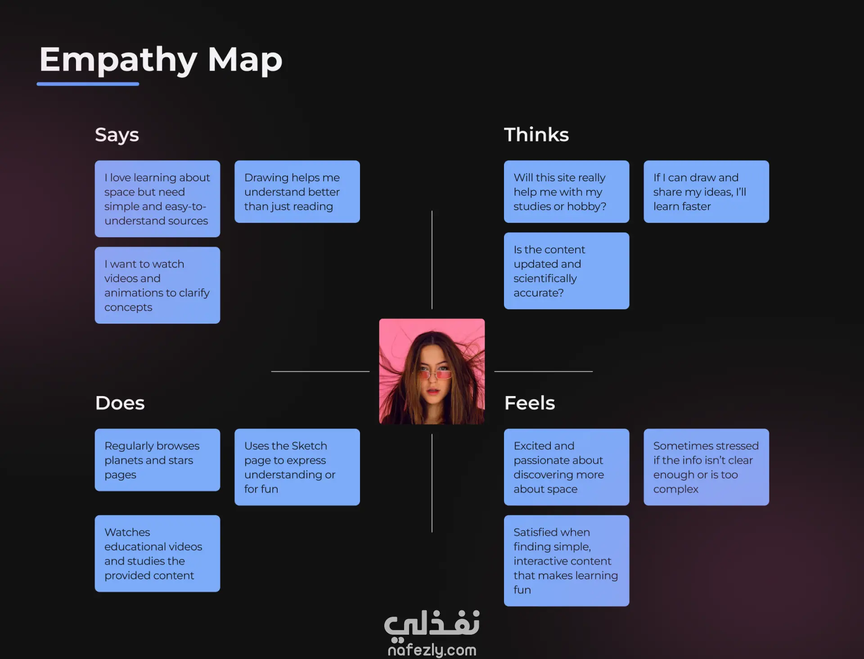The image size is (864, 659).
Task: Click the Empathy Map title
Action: click(161, 60)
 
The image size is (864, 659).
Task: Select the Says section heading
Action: click(117, 135)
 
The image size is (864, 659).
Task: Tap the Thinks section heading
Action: click(536, 135)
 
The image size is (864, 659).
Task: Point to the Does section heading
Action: click(120, 403)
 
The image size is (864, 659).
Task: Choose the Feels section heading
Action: click(529, 403)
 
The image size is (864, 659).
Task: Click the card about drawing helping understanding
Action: click(297, 192)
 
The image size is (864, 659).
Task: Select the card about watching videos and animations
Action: click(157, 285)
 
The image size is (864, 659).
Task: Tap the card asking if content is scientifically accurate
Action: click(566, 271)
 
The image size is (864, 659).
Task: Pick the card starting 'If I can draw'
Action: click(706, 192)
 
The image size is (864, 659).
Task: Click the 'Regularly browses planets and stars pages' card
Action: click(157, 460)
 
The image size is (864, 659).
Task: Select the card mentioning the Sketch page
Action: click(297, 467)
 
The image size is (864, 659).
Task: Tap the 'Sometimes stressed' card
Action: click(706, 467)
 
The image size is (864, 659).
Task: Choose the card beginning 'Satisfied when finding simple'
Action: click(566, 561)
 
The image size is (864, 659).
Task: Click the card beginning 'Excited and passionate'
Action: click(566, 467)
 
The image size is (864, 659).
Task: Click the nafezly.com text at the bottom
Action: click(432, 650)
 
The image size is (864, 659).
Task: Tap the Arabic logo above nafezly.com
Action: click(432, 625)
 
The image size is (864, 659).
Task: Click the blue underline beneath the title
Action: click(88, 84)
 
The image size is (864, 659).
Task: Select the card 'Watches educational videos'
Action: click(157, 554)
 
